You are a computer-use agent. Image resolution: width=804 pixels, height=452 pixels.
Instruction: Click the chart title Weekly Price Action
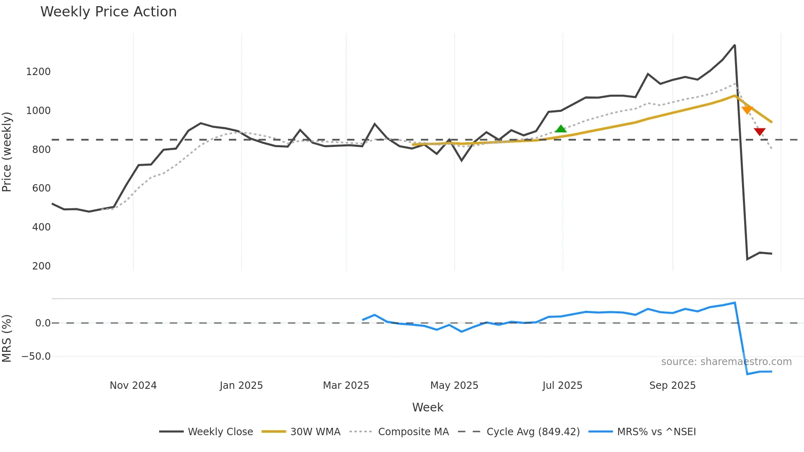click(x=108, y=12)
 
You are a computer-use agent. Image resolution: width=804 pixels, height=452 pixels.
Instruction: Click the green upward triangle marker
click(x=561, y=129)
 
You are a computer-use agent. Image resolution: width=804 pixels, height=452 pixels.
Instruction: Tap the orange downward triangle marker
click(x=747, y=110)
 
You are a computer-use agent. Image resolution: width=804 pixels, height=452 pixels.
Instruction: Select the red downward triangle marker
click(x=760, y=131)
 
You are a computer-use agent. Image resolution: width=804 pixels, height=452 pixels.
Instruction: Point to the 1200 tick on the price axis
click(x=38, y=72)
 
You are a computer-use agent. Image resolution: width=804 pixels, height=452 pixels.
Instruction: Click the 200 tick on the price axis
click(x=41, y=266)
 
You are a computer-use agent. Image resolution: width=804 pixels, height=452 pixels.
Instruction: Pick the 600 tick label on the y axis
click(x=41, y=188)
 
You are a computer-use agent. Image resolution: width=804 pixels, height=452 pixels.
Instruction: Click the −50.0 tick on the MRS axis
click(x=36, y=356)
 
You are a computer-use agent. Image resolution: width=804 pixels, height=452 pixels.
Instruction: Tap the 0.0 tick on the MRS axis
click(x=43, y=323)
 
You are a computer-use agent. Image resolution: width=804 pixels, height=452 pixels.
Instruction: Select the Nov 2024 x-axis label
click(x=133, y=386)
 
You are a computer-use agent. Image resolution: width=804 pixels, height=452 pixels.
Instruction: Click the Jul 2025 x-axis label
click(x=562, y=386)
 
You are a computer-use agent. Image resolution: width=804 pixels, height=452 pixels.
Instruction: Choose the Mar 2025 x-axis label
click(x=346, y=386)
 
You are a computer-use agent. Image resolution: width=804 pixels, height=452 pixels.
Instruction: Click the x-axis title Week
click(x=427, y=407)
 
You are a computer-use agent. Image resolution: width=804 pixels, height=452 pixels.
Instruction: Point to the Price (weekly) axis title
click(x=7, y=152)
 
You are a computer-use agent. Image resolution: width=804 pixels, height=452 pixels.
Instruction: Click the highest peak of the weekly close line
click(x=734, y=45)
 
